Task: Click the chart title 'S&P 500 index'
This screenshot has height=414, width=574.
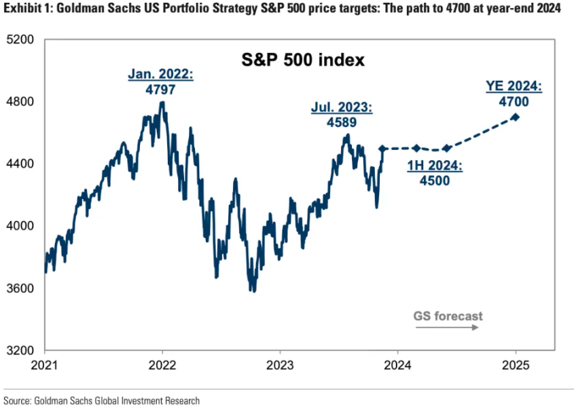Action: pyautogui.click(x=304, y=60)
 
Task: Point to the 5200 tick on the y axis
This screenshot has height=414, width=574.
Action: pyautogui.click(x=22, y=39)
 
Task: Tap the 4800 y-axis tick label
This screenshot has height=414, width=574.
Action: pyautogui.click(x=22, y=102)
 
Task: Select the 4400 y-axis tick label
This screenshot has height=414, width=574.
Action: pyautogui.click(x=22, y=164)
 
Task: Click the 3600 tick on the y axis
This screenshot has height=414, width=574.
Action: pyautogui.click(x=22, y=288)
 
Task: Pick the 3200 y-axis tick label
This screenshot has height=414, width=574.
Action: pyautogui.click(x=22, y=351)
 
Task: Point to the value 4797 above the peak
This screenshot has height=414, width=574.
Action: pyautogui.click(x=160, y=89)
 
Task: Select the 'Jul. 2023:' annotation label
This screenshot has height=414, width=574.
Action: pyautogui.click(x=342, y=108)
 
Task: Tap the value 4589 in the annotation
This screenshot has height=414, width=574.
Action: pyautogui.click(x=342, y=122)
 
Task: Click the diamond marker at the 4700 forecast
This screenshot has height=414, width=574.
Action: pyautogui.click(x=515, y=117)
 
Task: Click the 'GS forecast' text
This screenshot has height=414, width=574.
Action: pyautogui.click(x=448, y=316)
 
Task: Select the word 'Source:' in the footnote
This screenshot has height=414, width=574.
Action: pyautogui.click(x=18, y=401)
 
